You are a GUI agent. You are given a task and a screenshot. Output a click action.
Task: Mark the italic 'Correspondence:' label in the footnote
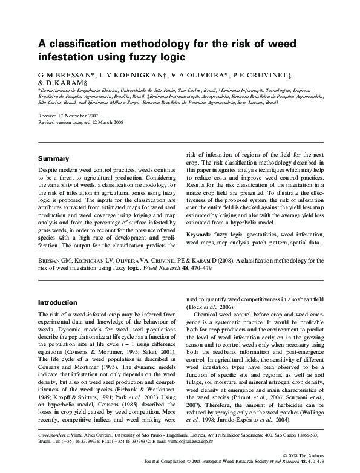tap(54, 434)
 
